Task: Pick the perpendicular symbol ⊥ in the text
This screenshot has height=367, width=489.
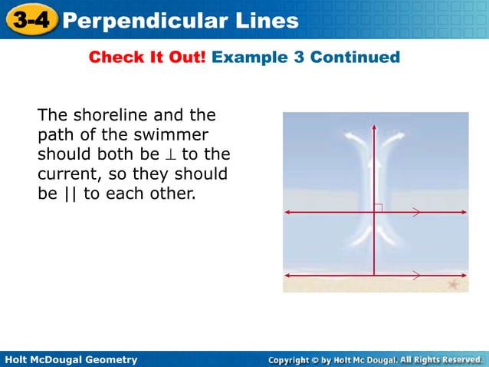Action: click(170, 155)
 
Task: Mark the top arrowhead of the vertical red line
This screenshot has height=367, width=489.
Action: click(373, 127)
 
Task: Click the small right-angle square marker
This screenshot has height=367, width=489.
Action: click(379, 207)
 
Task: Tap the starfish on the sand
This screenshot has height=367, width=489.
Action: click(452, 284)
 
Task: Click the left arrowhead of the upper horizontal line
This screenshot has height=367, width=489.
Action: click(286, 212)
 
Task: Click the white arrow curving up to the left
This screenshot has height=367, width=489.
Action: click(353, 138)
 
